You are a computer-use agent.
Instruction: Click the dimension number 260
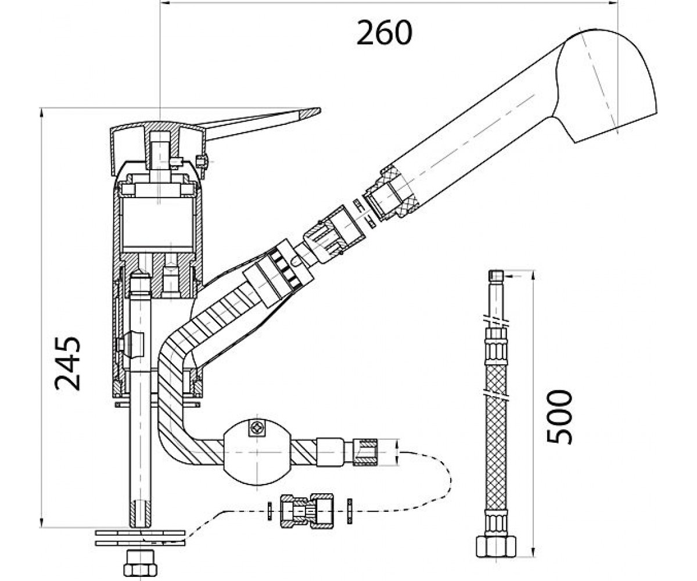pos(384,33)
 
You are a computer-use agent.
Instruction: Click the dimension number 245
pos(68,364)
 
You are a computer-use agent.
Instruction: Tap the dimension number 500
pos(559,417)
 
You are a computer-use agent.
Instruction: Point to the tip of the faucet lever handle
pos(319,109)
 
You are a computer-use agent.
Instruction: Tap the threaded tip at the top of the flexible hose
pos(496,276)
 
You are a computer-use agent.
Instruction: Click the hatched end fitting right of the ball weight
pos(365,453)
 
